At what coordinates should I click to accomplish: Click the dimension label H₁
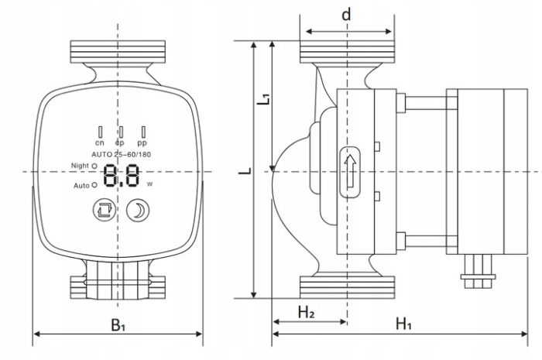click(x=403, y=324)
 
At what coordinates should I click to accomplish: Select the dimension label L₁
click(x=264, y=98)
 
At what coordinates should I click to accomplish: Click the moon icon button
click(x=139, y=209)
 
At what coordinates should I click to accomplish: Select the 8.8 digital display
click(x=122, y=176)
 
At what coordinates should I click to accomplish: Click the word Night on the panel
click(x=79, y=165)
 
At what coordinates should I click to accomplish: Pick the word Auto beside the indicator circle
click(x=82, y=186)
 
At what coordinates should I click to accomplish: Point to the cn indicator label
click(x=100, y=143)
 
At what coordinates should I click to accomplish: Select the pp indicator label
click(x=142, y=143)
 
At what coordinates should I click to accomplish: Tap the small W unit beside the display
click(x=149, y=184)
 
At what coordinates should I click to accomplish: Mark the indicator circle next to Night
click(x=94, y=166)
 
